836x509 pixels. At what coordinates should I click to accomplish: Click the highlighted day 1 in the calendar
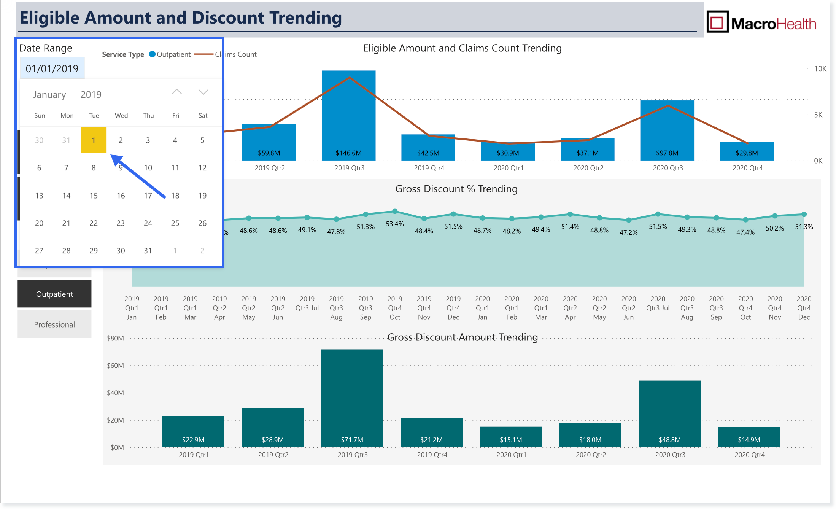(94, 140)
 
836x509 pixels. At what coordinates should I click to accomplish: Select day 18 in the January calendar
(175, 196)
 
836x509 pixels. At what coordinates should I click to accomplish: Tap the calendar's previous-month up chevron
(177, 92)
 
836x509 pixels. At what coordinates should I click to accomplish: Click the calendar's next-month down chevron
(203, 92)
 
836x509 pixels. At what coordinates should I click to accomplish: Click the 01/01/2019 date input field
(52, 68)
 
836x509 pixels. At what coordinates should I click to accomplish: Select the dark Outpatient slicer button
(54, 294)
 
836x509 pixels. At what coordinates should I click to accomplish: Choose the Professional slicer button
(54, 324)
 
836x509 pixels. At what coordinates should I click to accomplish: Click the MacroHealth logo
(761, 23)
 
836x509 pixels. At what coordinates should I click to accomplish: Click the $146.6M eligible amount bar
(349, 115)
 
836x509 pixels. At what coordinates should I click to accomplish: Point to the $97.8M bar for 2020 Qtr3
(667, 130)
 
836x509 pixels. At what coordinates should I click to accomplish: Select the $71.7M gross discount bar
(352, 398)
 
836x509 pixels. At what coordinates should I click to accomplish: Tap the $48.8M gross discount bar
(670, 414)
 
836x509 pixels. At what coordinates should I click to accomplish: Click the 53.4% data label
(395, 224)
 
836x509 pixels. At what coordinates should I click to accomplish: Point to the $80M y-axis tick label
(115, 338)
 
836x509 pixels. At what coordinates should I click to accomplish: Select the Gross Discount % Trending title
(456, 189)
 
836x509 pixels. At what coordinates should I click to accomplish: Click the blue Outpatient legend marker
(153, 54)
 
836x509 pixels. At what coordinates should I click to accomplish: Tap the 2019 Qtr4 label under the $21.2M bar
(432, 455)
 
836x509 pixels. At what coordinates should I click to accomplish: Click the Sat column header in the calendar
(203, 115)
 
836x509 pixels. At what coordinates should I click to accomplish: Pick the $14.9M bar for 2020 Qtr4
(749, 437)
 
